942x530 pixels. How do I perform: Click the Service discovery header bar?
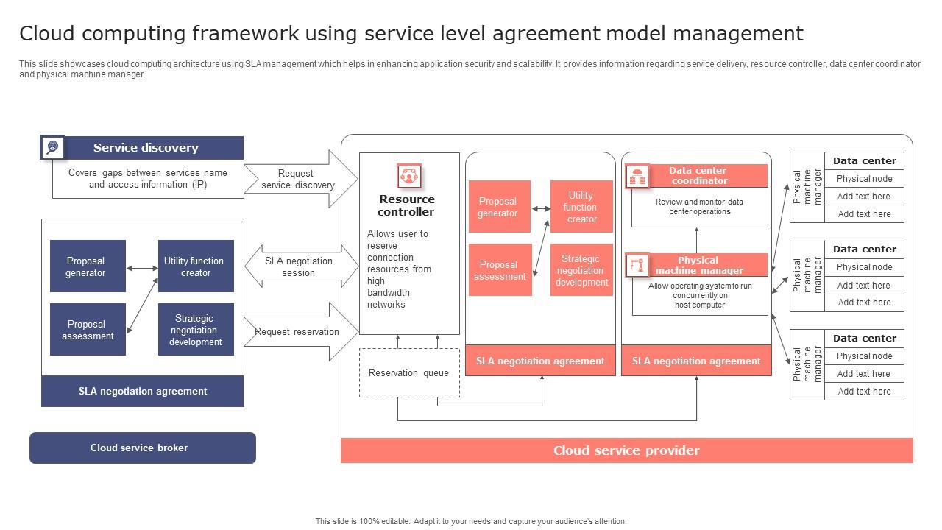(146, 148)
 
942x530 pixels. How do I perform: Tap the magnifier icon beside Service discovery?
(52, 147)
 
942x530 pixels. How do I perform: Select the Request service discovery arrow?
(298, 179)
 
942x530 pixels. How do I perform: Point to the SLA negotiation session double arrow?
(298, 266)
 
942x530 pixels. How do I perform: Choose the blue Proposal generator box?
(87, 266)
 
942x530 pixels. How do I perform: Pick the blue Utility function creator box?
(196, 266)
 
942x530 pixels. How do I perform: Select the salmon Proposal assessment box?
(500, 270)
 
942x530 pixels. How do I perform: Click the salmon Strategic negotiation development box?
(581, 270)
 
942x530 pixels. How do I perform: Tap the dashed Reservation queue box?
(409, 372)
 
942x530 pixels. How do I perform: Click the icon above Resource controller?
(408, 176)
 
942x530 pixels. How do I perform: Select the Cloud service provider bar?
(626, 451)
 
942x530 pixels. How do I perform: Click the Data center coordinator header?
(698, 176)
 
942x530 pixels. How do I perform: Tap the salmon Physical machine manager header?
(698, 265)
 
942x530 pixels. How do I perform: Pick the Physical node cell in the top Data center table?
(864, 179)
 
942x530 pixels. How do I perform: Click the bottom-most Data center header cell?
(864, 339)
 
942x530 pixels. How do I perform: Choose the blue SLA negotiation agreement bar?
(143, 391)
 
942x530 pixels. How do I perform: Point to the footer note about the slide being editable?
(471, 521)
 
